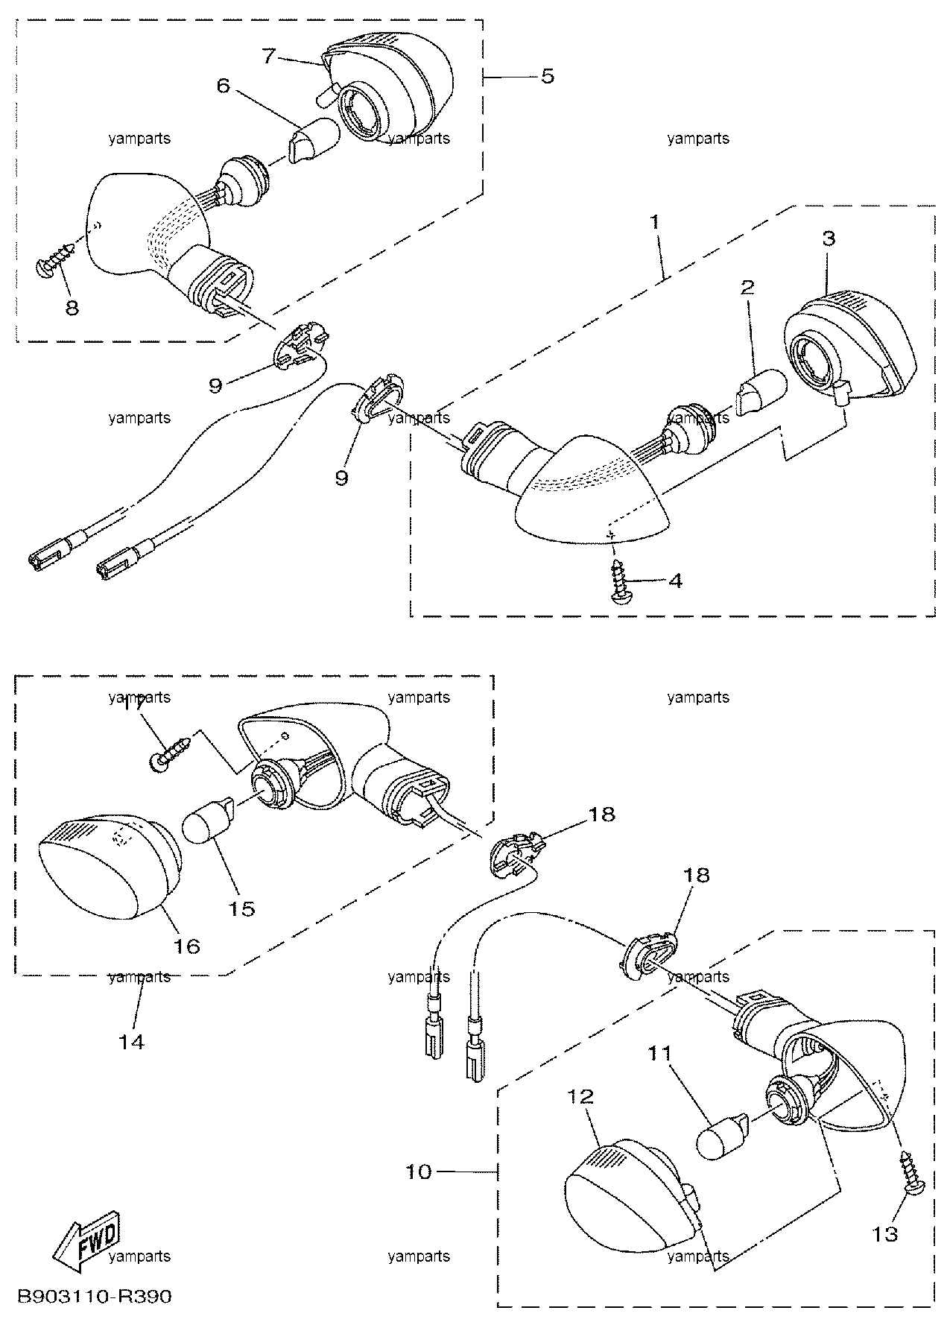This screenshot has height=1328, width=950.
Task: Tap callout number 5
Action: [x=548, y=77]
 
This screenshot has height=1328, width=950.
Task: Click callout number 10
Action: [x=419, y=1172]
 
